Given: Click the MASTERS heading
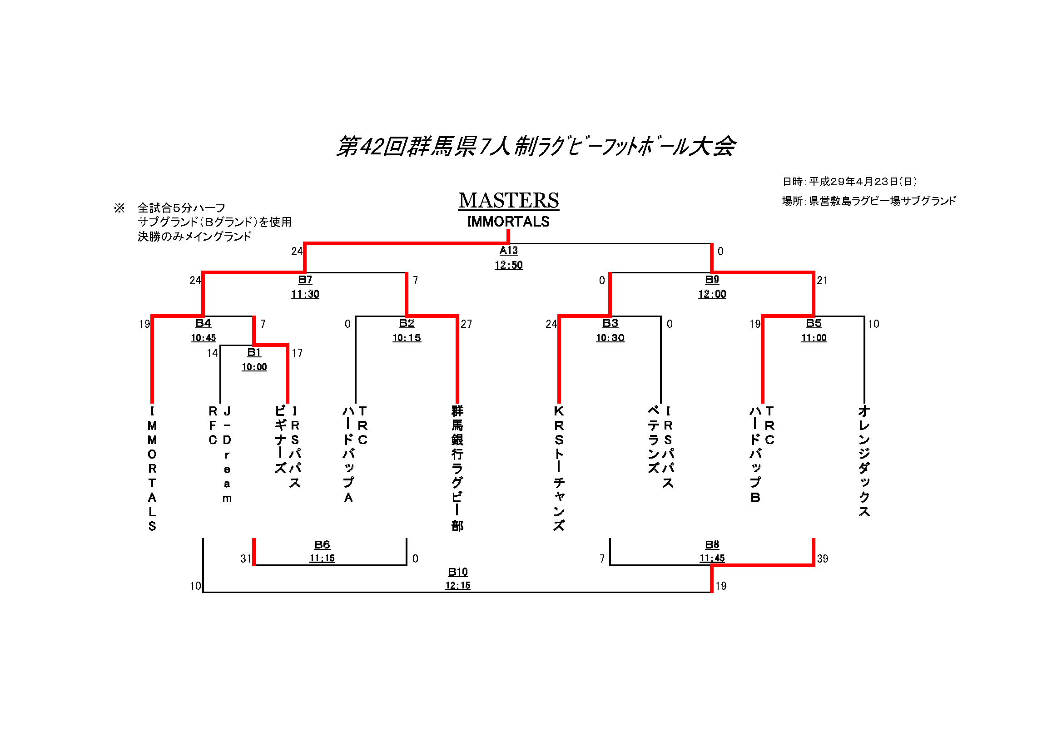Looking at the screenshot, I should (508, 200).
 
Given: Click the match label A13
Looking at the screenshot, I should (508, 250).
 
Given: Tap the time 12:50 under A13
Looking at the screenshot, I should (508, 265).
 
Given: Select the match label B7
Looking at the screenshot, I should (305, 279).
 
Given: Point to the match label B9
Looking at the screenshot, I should (712, 279).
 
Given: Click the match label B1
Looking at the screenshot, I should (254, 352).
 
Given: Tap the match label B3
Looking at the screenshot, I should (610, 323).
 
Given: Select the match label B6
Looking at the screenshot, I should (322, 544).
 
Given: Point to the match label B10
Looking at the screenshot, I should (457, 572).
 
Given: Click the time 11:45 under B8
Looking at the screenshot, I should (712, 558).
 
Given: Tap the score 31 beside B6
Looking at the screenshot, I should (246, 558).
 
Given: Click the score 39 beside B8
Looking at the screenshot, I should (823, 558).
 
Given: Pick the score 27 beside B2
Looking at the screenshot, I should (466, 324).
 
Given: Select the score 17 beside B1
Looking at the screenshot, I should (297, 353).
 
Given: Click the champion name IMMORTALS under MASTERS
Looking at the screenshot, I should (508, 222).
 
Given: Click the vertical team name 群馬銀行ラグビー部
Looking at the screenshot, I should (457, 468).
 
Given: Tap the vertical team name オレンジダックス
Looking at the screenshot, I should (864, 461).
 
